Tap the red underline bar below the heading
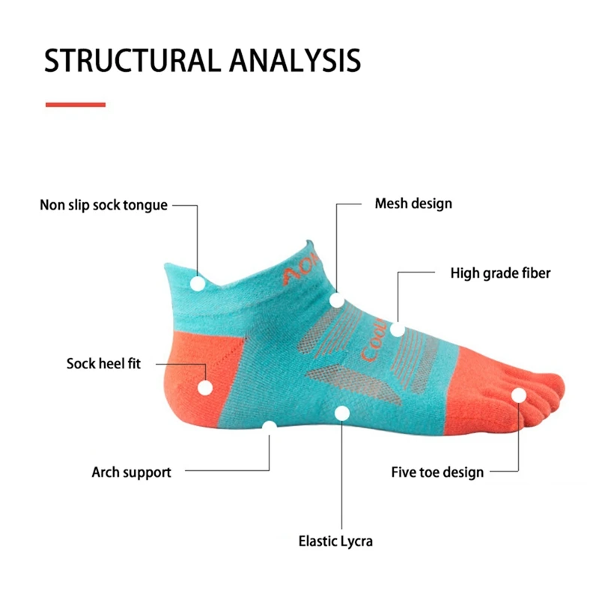(x=76, y=105)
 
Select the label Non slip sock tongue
(x=103, y=205)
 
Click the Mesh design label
(x=413, y=204)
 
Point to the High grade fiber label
(x=500, y=273)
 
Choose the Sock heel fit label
(x=103, y=365)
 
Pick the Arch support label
(x=131, y=472)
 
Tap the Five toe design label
(x=437, y=472)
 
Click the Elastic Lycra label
(x=335, y=541)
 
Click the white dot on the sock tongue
(x=198, y=284)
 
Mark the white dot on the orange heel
(x=204, y=388)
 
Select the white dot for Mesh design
(x=337, y=300)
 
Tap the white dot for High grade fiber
(x=398, y=329)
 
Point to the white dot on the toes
(x=518, y=395)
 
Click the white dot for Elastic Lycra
(x=342, y=413)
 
